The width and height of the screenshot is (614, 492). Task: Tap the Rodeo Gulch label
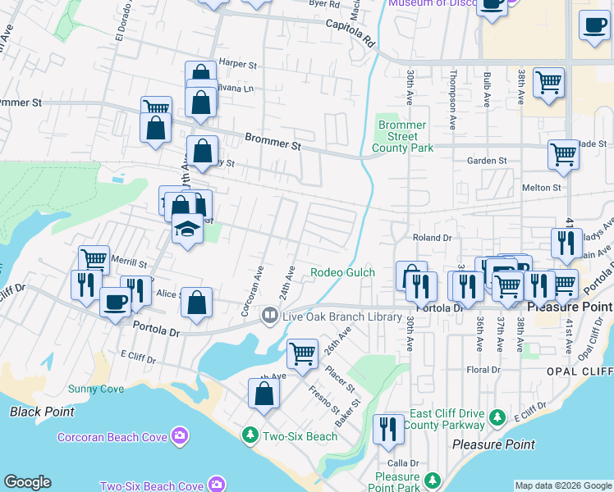pyautogui.click(x=342, y=272)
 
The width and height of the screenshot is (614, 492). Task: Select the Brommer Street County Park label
pyautogui.click(x=402, y=136)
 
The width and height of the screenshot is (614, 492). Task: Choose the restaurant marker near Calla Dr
pyautogui.click(x=388, y=430)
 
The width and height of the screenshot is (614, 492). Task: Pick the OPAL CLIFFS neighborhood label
pyautogui.click(x=580, y=371)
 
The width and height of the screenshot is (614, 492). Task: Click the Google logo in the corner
pyautogui.click(x=27, y=482)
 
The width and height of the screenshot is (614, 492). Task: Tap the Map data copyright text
pyautogui.click(x=563, y=485)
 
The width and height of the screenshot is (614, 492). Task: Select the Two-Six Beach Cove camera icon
pyautogui.click(x=216, y=485)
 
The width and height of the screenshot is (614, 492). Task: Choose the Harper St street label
pyautogui.click(x=238, y=63)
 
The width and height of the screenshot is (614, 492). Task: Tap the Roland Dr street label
pyautogui.click(x=433, y=238)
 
